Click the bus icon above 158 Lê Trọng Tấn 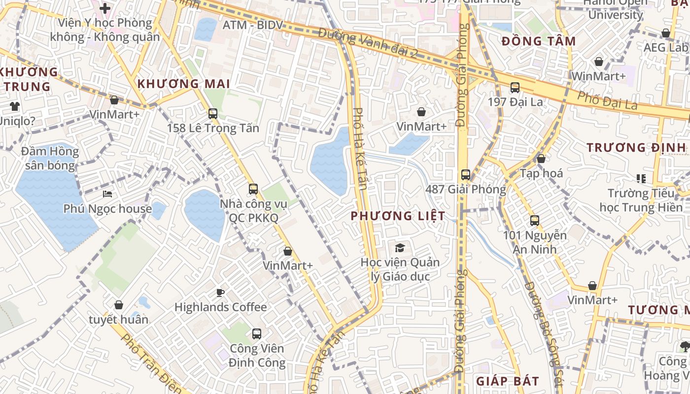tap(213, 114)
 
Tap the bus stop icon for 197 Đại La tap(515, 88)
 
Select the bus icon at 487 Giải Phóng tap(465, 175)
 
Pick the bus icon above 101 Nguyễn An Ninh tap(535, 221)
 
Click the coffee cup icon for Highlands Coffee tap(220, 293)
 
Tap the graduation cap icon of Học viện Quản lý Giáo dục tap(400, 248)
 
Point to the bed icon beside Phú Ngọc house tap(107, 194)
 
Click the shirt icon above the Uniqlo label tap(14, 106)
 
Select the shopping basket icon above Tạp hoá tap(541, 159)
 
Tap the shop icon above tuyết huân tap(118, 305)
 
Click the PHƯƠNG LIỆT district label tap(398, 216)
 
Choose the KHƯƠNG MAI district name tap(184, 84)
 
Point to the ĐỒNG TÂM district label tap(539, 41)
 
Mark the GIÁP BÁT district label tap(508, 381)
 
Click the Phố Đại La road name tap(607, 101)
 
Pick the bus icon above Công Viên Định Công tap(257, 334)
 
